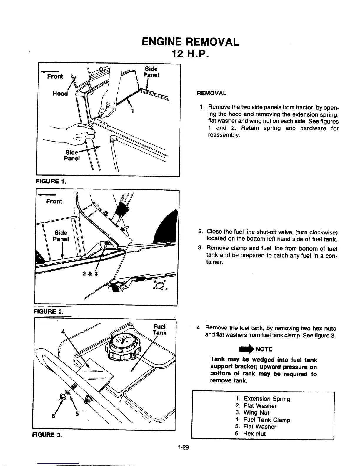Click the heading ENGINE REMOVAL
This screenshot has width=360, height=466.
[190, 42]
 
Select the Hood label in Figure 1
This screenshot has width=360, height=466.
[60, 94]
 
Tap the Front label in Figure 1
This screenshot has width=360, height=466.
[55, 76]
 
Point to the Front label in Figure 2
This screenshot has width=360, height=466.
[54, 201]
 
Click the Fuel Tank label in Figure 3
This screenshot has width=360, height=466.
[160, 329]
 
